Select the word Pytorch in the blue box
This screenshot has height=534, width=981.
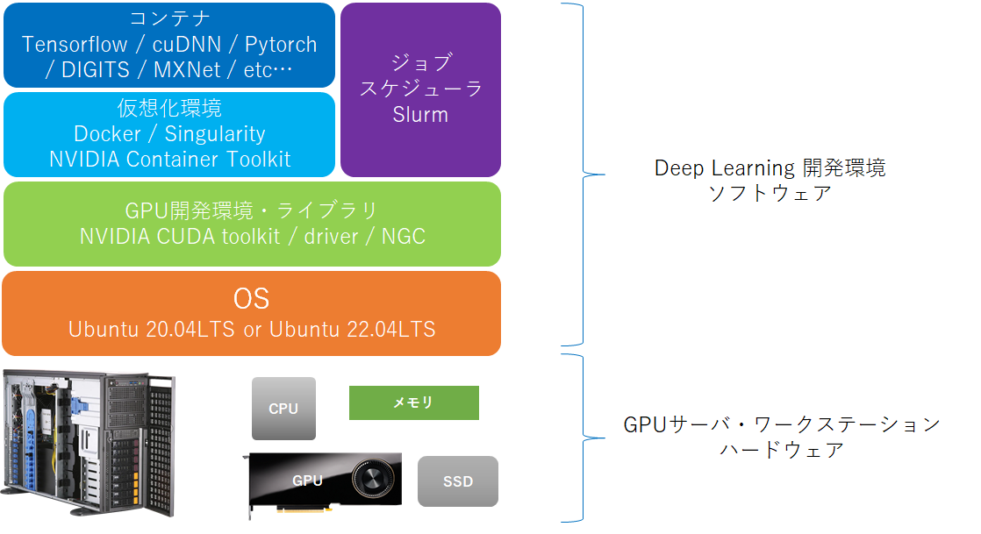click(281, 45)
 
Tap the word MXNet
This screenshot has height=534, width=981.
click(187, 69)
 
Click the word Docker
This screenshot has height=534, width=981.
click(108, 134)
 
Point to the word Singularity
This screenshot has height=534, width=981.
click(215, 134)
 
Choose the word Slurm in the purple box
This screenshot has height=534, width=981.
click(420, 115)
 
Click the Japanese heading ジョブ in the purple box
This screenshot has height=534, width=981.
click(420, 63)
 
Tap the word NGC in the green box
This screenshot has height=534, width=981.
click(403, 237)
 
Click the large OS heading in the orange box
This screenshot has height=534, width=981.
click(251, 298)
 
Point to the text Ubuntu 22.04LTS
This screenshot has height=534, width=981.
click(352, 330)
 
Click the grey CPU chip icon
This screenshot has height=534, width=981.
click(283, 409)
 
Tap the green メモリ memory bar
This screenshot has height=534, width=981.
click(414, 402)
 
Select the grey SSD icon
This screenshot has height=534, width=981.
click(457, 481)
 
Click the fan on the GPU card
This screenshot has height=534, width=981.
click(371, 482)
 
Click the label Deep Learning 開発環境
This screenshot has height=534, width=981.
click(770, 168)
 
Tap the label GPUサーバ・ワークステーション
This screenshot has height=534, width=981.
click(781, 425)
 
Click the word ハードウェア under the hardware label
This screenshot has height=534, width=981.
click(782, 451)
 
